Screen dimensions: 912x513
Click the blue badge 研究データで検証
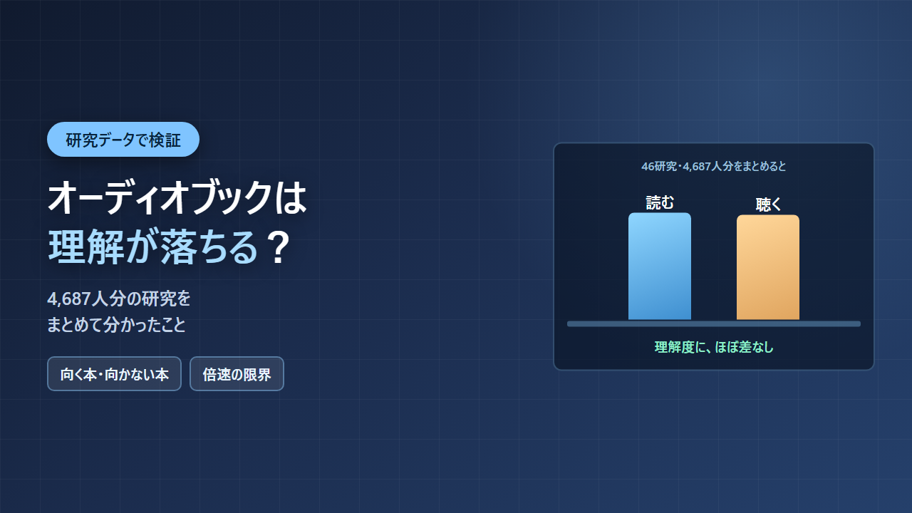pos(123,139)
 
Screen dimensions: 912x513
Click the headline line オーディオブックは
pos(177,198)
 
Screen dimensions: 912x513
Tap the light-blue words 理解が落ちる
pos(153,247)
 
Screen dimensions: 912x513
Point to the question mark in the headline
pos(279,247)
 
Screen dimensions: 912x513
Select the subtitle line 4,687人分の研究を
pos(119,299)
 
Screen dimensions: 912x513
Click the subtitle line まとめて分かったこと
pos(116,324)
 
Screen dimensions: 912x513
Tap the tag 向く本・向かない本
pos(115,374)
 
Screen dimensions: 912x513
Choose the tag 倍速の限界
pos(237,374)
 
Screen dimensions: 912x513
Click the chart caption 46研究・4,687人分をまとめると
pos(714,166)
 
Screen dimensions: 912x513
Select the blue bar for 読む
pos(660,266)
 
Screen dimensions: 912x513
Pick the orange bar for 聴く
pos(768,267)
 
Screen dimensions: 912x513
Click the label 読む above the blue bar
pos(660,203)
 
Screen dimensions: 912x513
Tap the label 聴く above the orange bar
pos(768,204)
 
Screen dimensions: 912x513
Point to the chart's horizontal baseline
pos(714,324)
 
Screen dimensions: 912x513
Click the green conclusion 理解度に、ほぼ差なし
pos(714,347)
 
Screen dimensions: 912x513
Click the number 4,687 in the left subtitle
pos(69,299)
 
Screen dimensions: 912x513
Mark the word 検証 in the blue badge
pos(165,140)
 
